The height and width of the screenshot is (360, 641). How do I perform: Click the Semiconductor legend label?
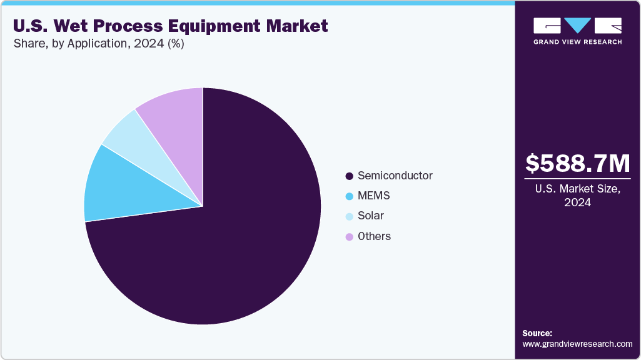pos(395,176)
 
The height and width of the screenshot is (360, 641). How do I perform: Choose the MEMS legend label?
pos(373,196)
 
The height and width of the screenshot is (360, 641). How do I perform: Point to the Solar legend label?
pos(371,216)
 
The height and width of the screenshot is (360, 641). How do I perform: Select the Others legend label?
pos(374,236)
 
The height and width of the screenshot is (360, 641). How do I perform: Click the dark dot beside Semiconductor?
pos(349,176)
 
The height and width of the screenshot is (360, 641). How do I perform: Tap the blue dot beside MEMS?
pos(349,196)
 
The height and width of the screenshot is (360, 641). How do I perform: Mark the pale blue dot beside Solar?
pos(349,216)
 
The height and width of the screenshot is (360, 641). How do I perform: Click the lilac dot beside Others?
pos(349,236)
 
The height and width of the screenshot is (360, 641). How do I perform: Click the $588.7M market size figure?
pos(578,164)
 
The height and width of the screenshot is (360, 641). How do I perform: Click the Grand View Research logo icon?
pos(577,26)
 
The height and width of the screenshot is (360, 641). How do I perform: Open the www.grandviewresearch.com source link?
pos(577,344)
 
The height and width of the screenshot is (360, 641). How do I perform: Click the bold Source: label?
pos(537,333)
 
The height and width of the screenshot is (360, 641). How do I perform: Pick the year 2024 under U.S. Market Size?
pos(578,202)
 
